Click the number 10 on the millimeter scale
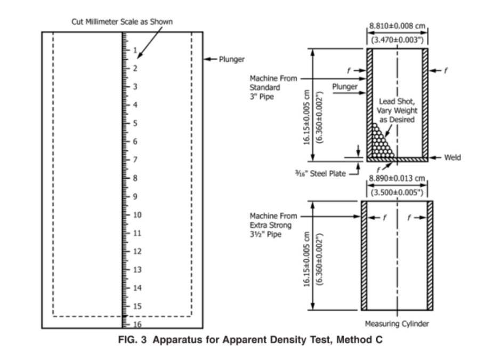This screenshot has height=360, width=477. pyautogui.click(x=137, y=215)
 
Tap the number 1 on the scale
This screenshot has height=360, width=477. pyautogui.click(x=135, y=51)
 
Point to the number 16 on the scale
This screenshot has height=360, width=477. pyautogui.click(x=137, y=324)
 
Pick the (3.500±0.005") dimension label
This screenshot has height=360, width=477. pyautogui.click(x=397, y=190)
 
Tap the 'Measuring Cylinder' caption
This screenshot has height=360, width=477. pyautogui.click(x=397, y=324)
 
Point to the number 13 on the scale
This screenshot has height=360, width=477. pyautogui.click(x=137, y=269)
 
